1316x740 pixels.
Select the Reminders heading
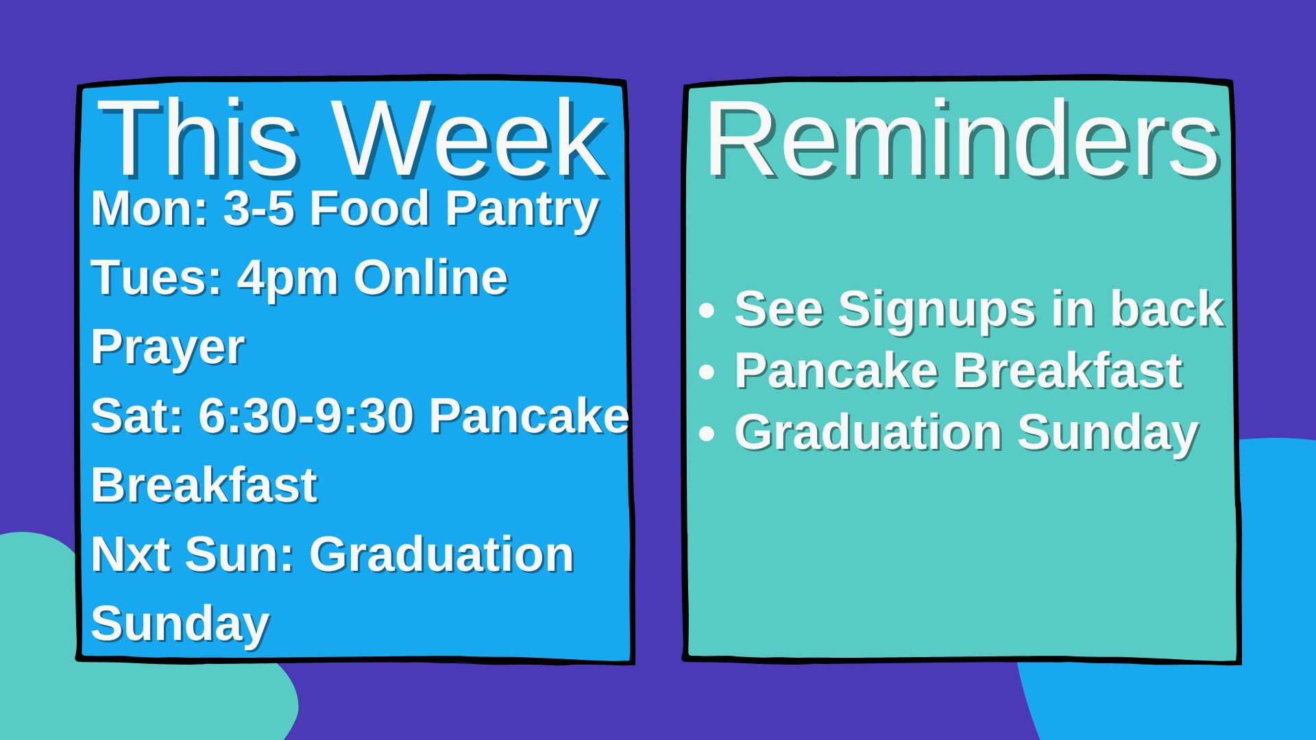[963, 138]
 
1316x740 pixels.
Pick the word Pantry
[522, 210]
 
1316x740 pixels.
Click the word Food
[369, 208]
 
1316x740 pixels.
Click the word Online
[430, 277]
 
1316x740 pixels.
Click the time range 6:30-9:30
[306, 416]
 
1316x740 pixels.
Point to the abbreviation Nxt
[130, 554]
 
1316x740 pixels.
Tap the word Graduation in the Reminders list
[868, 432]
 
